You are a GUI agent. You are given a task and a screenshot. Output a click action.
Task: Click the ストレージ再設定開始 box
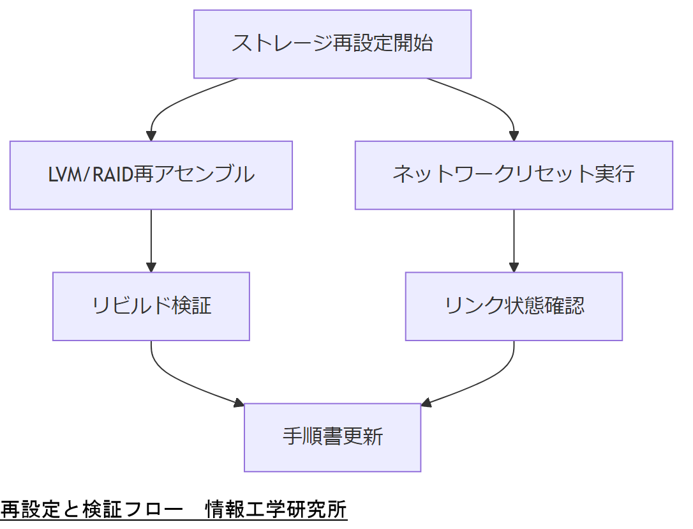332,44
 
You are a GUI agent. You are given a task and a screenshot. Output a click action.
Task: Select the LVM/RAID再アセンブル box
151,175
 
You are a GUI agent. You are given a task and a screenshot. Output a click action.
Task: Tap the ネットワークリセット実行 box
514,175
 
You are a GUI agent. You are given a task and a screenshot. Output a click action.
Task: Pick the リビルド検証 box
151,306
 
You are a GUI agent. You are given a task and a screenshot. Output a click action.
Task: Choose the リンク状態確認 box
514,306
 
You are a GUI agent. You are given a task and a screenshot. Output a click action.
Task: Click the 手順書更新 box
332,437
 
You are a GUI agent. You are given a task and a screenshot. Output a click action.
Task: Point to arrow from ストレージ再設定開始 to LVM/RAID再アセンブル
167,105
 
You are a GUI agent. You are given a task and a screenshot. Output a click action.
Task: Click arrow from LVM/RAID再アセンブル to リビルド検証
151,240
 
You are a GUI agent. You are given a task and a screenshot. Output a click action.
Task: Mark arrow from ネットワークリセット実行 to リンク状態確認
514,240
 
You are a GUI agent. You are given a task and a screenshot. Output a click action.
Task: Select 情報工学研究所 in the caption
276,510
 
